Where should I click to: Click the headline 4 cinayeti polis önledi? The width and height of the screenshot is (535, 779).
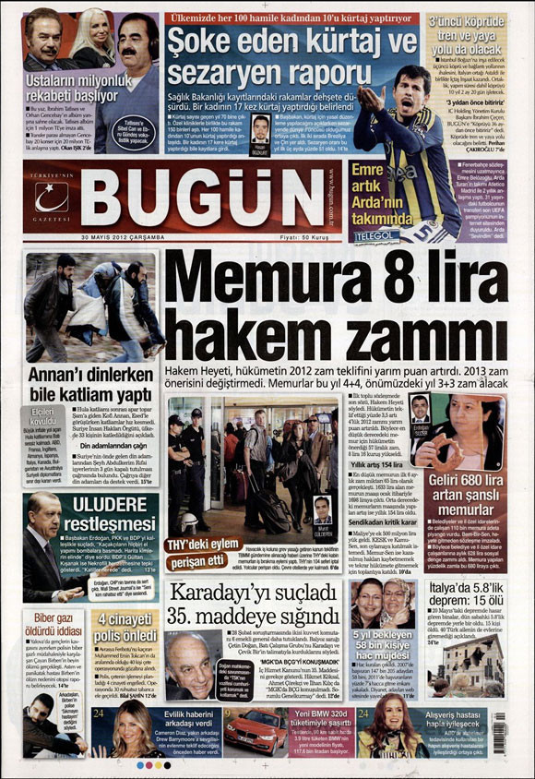(126, 625)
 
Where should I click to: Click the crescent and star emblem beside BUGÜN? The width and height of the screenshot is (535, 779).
(52, 197)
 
